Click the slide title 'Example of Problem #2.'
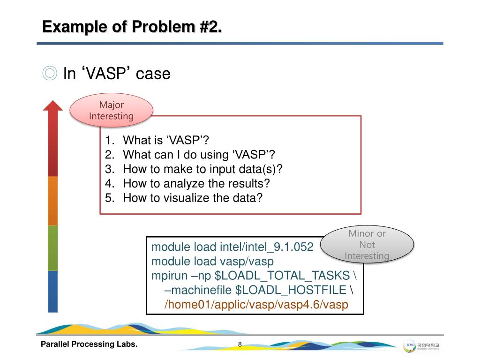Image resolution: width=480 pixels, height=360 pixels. click(x=132, y=26)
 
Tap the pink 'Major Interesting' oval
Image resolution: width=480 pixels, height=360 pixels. click(x=112, y=111)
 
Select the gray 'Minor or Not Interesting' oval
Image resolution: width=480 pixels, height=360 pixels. click(x=367, y=244)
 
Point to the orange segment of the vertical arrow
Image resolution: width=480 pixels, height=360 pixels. click(x=53, y=201)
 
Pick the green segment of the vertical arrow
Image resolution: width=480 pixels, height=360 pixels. click(x=53, y=247)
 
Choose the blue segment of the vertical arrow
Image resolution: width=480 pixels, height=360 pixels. click(x=53, y=291)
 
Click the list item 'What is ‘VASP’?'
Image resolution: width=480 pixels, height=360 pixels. click(x=166, y=141)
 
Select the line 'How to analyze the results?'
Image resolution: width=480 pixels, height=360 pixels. click(x=196, y=183)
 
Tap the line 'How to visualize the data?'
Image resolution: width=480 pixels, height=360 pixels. click(x=192, y=198)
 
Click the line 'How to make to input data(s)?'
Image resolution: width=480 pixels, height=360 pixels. click(x=203, y=169)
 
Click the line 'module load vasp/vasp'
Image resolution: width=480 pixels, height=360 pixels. click(x=212, y=261)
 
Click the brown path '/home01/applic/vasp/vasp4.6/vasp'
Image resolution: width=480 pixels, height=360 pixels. click(x=256, y=305)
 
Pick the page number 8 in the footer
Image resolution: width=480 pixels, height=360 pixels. click(x=240, y=345)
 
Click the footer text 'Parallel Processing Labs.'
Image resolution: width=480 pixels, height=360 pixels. click(x=89, y=345)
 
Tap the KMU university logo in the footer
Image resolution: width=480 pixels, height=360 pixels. click(x=423, y=346)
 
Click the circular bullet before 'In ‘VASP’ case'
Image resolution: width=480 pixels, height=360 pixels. click(x=49, y=74)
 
